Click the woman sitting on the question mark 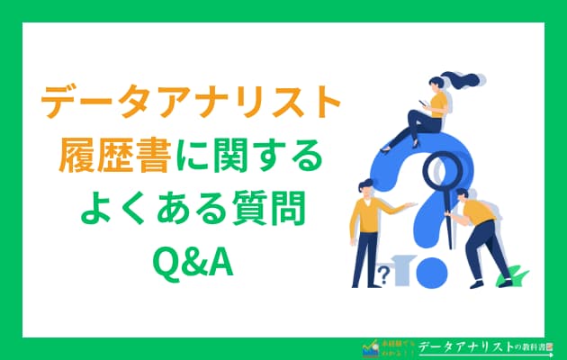click(x=427, y=112)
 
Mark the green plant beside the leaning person click(x=512, y=274)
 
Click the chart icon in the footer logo click(x=367, y=346)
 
